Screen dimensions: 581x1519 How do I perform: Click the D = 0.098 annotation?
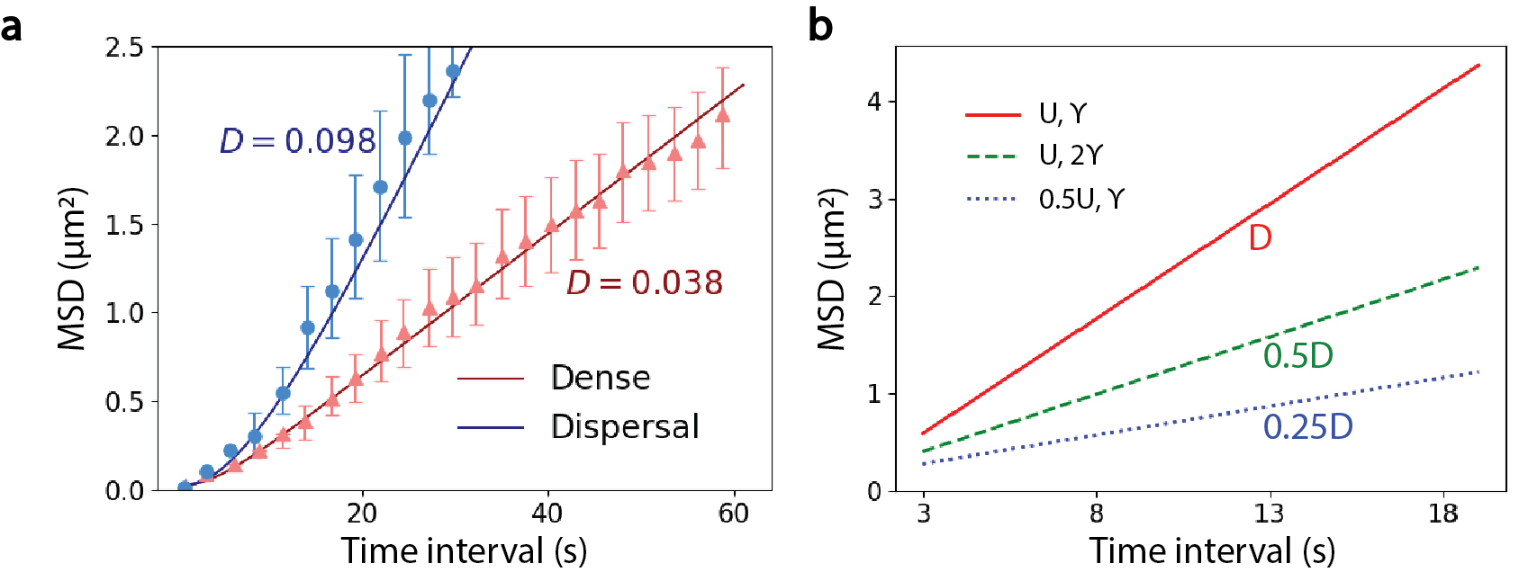[298, 141]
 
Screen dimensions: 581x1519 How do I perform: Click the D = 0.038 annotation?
[645, 283]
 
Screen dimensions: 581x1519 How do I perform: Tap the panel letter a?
[12, 27]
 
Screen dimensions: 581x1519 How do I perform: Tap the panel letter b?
[820, 25]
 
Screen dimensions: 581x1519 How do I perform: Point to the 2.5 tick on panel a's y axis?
[124, 47]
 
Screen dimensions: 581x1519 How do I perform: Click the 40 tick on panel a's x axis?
[547, 514]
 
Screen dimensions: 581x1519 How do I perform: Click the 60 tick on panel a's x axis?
[734, 514]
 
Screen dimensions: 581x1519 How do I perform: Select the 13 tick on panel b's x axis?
[1270, 514]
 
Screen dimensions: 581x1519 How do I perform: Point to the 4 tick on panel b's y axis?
[874, 102]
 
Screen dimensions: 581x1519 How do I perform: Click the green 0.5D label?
[1297, 356]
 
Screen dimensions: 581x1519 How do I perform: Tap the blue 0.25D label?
[1307, 427]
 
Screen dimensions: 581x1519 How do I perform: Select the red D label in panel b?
[1260, 238]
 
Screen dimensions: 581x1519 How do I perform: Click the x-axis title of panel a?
[464, 551]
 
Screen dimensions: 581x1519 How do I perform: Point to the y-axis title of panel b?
[832, 269]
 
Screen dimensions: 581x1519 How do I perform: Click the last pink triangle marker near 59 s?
[722, 115]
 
